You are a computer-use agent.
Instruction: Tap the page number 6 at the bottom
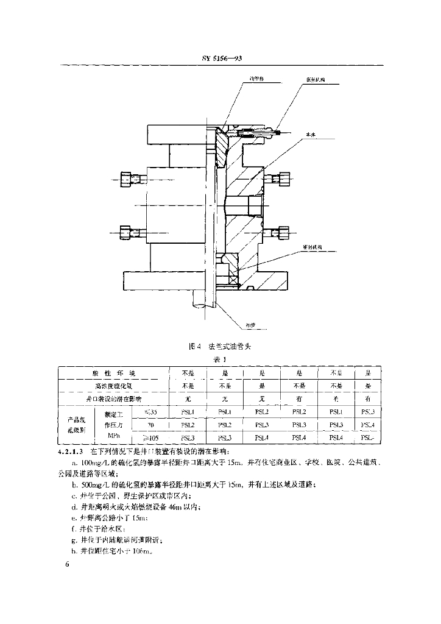point(68,565)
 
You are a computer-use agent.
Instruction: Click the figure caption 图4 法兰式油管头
point(220,346)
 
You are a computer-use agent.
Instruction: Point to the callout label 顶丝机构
point(315,80)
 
